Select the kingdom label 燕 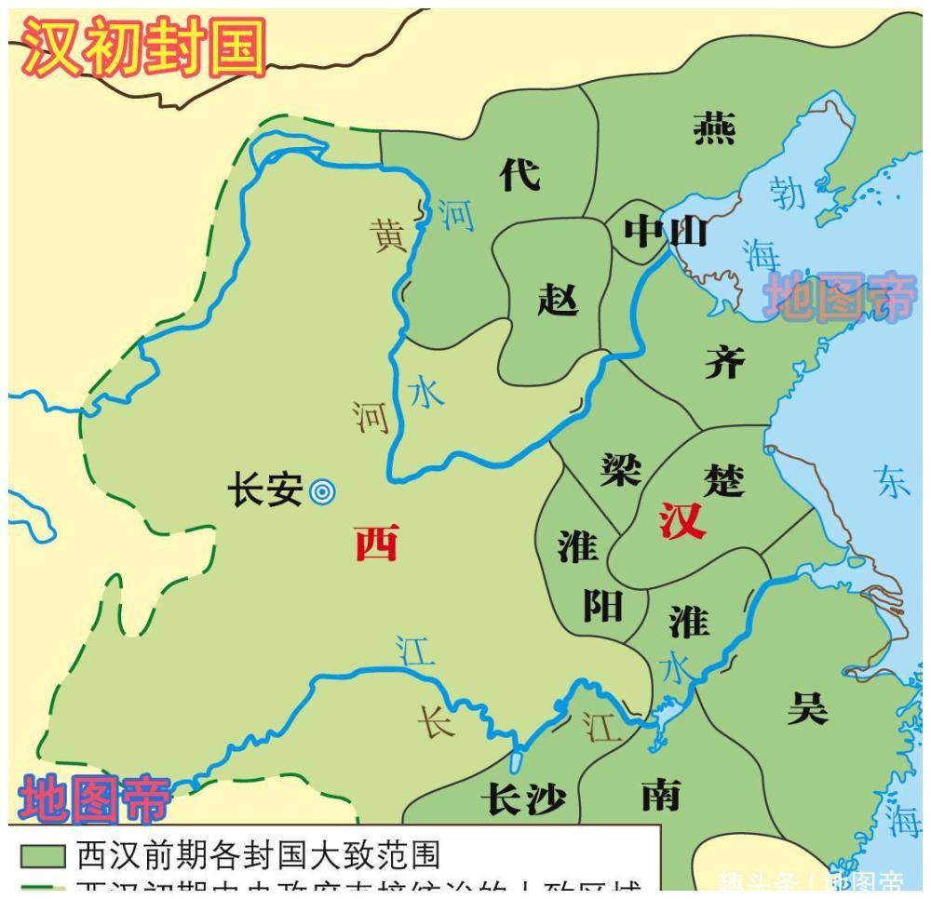(x=715, y=127)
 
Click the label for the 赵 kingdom (x=558, y=300)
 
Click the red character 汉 (x=682, y=521)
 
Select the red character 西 (x=376, y=543)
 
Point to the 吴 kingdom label (x=806, y=709)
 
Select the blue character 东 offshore (x=892, y=481)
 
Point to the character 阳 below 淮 (x=602, y=606)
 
